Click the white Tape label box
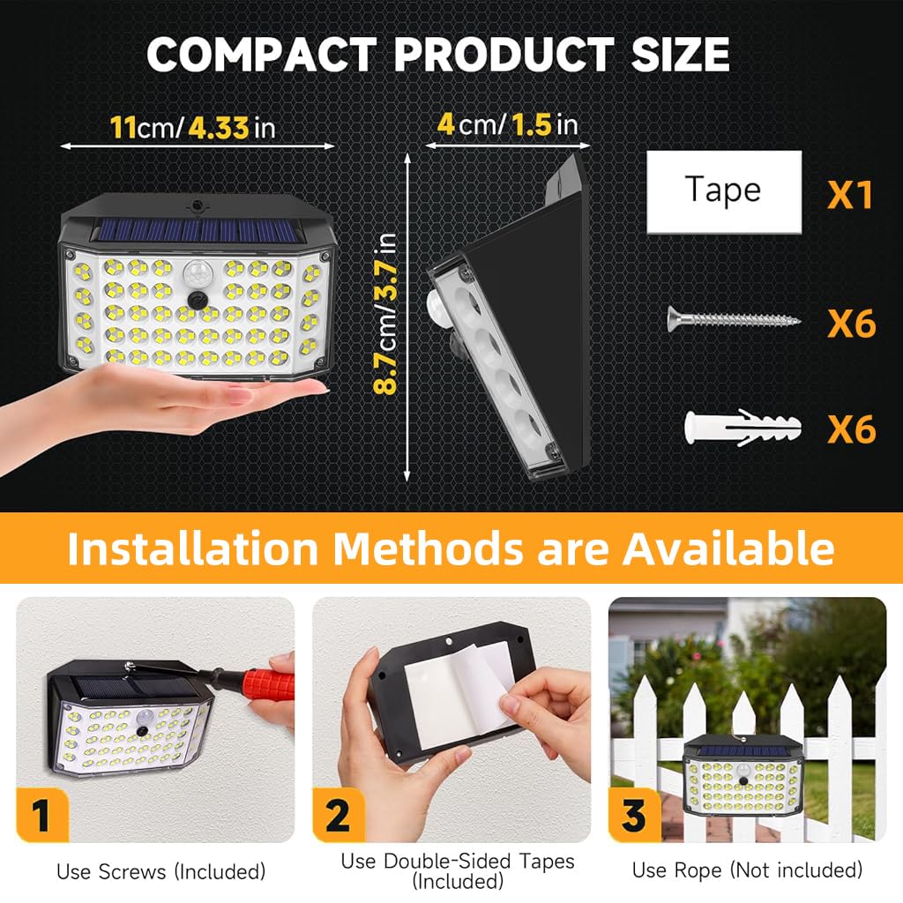coord(724,191)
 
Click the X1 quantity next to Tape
coord(849,194)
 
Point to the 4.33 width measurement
coord(218,127)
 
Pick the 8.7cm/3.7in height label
coord(386,314)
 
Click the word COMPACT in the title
coord(263,55)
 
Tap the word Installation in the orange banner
coord(192,549)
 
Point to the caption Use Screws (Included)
coord(160,871)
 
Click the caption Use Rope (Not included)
coord(747,870)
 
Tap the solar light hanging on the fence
coord(741,775)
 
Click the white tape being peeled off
coord(481,683)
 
